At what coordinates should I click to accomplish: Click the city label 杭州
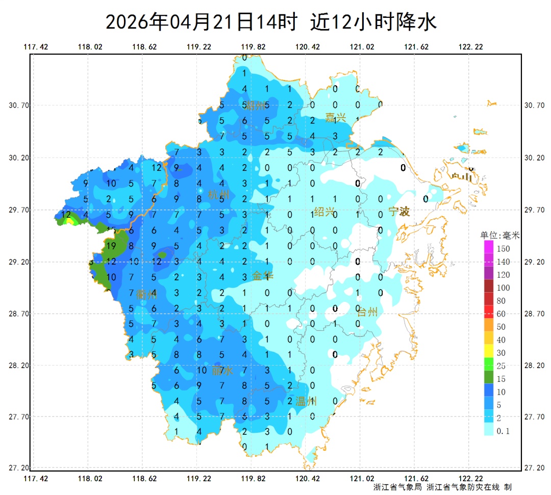pos(219,195)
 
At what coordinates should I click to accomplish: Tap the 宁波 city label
pos(399,212)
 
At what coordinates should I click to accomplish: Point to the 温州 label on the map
pos(306,401)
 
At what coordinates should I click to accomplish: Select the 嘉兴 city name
pos(336,117)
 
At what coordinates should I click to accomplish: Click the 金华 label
pos(263,276)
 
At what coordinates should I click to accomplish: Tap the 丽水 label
pos(222,371)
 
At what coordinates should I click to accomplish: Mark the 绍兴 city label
pos(324,212)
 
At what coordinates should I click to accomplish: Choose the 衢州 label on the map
pos(147,294)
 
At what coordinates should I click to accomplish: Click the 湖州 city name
pos(255,106)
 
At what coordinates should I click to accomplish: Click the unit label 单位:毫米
pos(500,236)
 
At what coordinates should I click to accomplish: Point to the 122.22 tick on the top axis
pos(471,47)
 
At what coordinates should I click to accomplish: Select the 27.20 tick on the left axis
pos(19,468)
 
